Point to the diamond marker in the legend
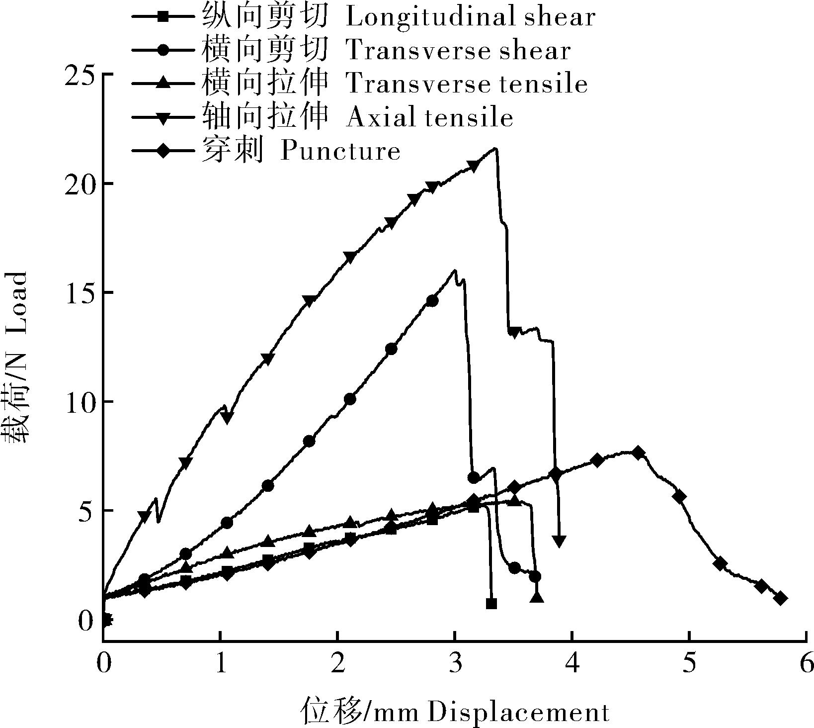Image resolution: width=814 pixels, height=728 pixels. click(163, 151)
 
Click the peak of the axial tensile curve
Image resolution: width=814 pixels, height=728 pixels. click(495, 148)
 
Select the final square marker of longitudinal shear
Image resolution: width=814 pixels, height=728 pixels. click(491, 604)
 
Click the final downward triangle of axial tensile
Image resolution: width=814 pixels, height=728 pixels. click(560, 541)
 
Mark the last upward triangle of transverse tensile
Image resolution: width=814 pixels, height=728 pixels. click(537, 597)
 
